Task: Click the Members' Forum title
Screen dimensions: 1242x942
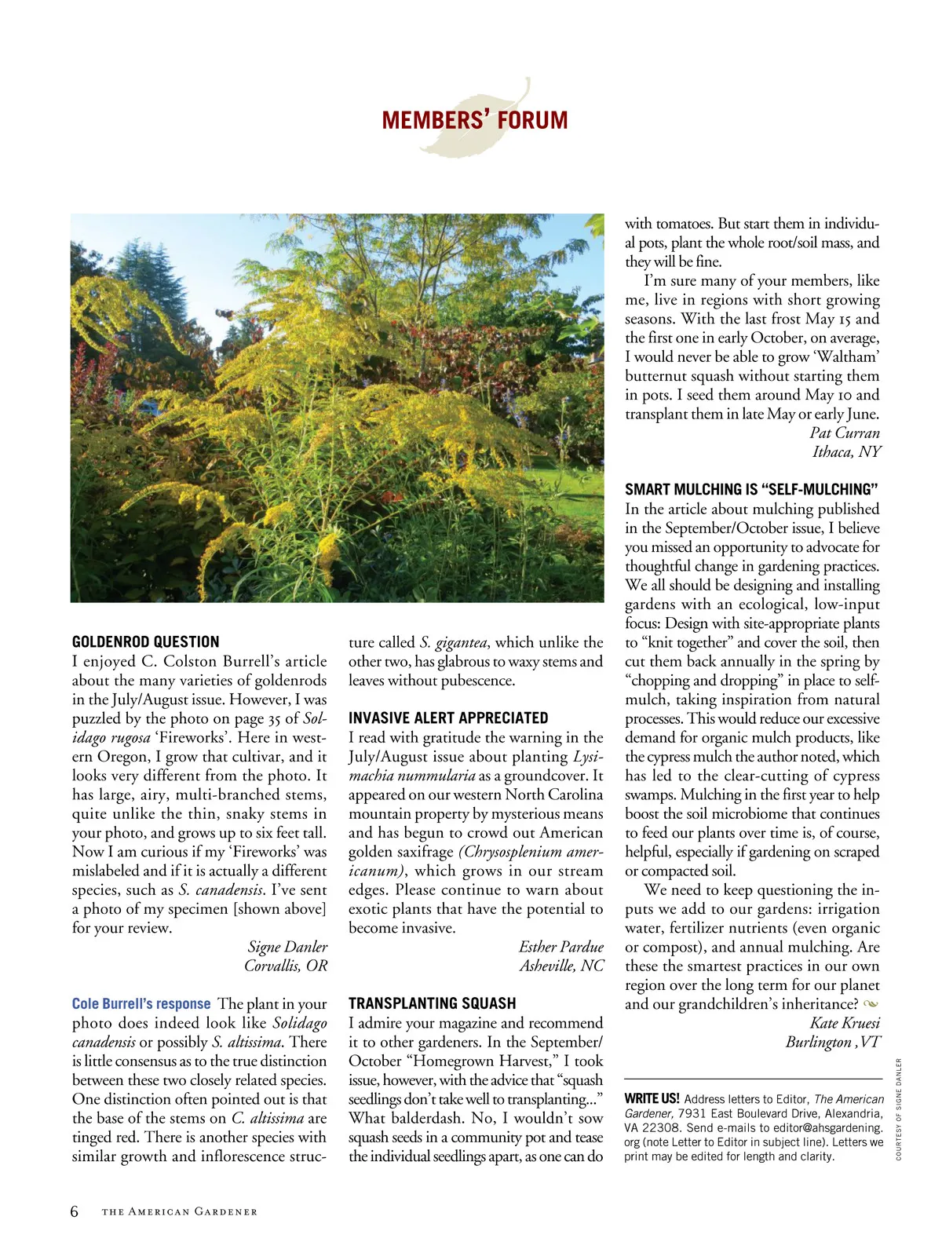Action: click(x=474, y=120)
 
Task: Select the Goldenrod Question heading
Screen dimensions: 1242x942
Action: click(x=145, y=641)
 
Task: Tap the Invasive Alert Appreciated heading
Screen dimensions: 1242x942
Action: click(x=448, y=718)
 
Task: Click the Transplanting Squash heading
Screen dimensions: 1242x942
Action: click(x=433, y=1003)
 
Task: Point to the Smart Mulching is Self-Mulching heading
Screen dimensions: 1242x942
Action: click(x=751, y=489)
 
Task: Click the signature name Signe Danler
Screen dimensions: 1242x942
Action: click(x=287, y=947)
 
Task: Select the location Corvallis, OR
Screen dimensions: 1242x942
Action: click(x=286, y=966)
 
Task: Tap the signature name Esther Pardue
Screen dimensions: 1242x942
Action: click(x=560, y=947)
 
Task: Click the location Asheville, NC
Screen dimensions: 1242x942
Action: click(x=561, y=966)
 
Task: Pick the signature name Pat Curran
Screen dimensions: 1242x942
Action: click(x=845, y=433)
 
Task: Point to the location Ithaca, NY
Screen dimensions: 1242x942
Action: click(x=846, y=451)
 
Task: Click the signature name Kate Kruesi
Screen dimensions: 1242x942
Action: click(x=845, y=1023)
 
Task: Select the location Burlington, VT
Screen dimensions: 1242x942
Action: click(x=832, y=1042)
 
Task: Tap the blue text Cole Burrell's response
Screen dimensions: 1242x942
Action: click(x=141, y=1004)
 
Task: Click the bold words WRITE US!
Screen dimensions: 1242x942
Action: click(x=652, y=1099)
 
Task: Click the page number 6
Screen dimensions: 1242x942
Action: click(x=75, y=1211)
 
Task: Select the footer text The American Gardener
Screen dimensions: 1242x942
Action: click(x=179, y=1212)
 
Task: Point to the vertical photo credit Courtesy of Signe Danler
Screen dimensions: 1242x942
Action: click(x=899, y=1109)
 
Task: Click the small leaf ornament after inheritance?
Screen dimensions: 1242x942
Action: click(x=870, y=1004)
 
